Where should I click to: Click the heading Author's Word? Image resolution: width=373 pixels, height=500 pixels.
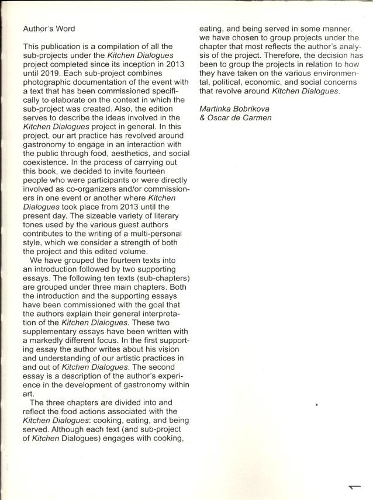(x=49, y=28)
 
